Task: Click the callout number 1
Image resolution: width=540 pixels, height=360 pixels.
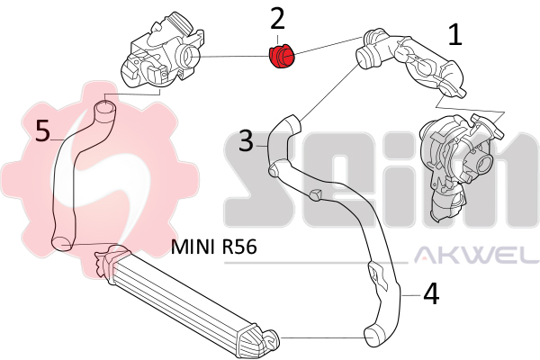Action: [455, 35]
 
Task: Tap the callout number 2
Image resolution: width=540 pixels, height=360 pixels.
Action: [278, 18]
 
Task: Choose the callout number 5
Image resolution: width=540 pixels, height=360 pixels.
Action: [42, 131]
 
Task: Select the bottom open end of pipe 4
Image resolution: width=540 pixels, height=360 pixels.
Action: [371, 337]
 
